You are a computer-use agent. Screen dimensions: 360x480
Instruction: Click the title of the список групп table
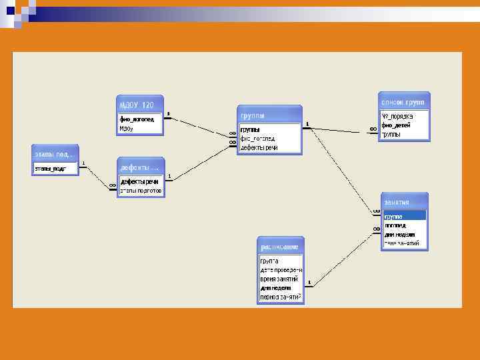[403, 102]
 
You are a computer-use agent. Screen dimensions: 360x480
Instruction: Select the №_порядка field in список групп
[397, 116]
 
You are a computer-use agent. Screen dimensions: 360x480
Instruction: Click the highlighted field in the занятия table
[403, 216]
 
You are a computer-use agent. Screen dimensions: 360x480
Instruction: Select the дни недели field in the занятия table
[399, 235]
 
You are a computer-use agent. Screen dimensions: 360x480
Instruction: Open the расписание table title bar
[279, 246]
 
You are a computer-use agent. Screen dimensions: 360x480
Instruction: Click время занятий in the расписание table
[280, 279]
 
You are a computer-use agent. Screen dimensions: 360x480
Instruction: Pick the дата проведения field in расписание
[280, 269]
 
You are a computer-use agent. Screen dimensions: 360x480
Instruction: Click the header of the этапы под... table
[55, 155]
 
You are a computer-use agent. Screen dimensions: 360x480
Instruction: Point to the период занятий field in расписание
[280, 297]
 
